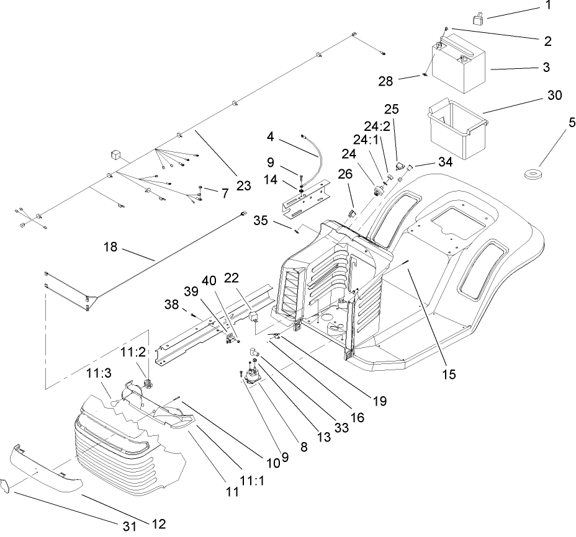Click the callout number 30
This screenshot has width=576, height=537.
(x=554, y=95)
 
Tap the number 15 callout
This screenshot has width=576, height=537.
(x=448, y=374)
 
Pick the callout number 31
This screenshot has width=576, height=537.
(x=128, y=526)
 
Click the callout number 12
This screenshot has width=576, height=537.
(x=158, y=524)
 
